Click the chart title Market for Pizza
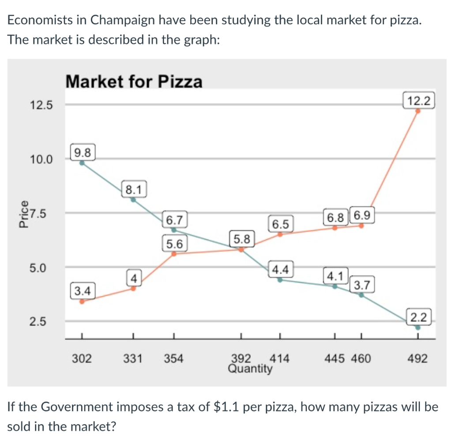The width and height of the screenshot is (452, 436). coord(134,82)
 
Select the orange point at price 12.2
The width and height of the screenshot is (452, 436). coord(418,111)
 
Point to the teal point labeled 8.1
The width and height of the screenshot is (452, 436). coord(133,199)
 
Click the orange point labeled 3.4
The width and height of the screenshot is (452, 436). coord(82,302)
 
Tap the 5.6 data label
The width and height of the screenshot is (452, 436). coord(175,243)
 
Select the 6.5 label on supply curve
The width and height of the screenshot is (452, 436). coord(280,224)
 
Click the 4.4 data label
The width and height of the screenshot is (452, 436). coord(280,268)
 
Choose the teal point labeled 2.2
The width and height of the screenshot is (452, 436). coord(418,328)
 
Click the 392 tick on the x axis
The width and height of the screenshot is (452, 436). coord(241,358)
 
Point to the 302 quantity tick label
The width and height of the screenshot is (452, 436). coord(82,359)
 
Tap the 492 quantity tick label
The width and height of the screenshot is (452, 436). coord(418,359)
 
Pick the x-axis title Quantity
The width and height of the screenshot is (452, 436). coord(250,368)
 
